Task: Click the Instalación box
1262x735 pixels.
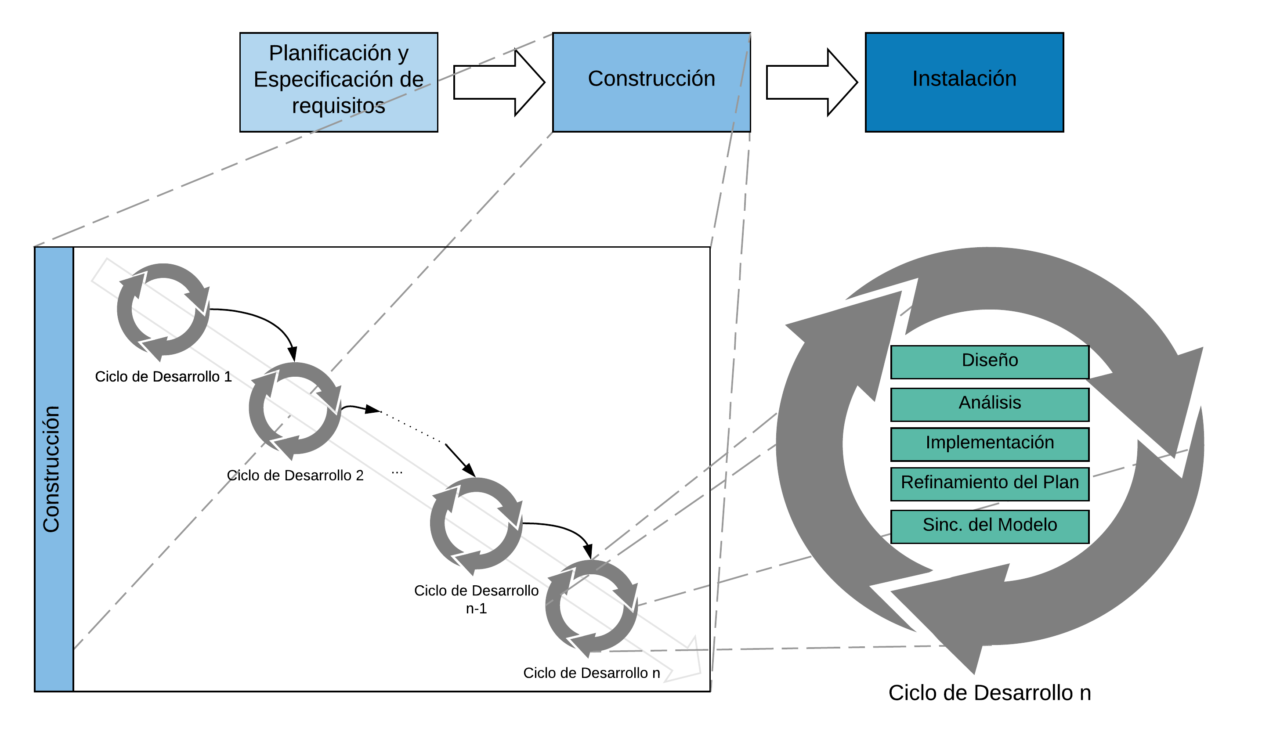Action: (x=964, y=82)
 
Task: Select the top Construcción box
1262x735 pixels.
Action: (x=651, y=82)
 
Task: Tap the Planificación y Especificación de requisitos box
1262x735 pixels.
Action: (x=339, y=82)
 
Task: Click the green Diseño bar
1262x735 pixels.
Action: (x=990, y=361)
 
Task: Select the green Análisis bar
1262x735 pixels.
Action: (x=990, y=404)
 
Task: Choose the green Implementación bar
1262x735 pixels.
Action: (x=990, y=444)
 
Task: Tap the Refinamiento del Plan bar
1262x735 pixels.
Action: (x=990, y=484)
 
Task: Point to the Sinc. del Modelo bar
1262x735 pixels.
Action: (x=990, y=526)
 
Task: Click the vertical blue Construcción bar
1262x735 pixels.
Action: (x=54, y=468)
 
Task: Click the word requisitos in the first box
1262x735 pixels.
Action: (x=339, y=106)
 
